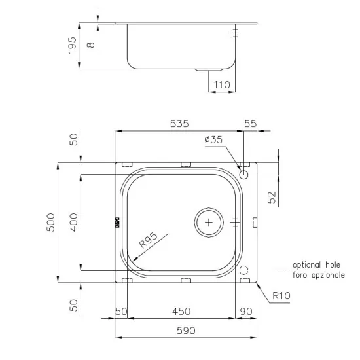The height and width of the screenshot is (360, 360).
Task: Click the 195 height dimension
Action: pos(73,44)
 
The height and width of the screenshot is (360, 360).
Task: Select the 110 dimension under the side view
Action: pos(223,85)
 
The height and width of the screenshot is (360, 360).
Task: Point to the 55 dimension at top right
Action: pos(251,123)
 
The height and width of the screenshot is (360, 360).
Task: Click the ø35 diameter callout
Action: pos(213,140)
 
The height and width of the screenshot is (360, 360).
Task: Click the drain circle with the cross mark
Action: pos(209,223)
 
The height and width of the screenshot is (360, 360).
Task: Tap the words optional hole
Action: pos(315,265)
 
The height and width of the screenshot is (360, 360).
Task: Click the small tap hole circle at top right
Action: pos(243,175)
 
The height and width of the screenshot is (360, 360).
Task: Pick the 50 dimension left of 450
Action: pos(120,312)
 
